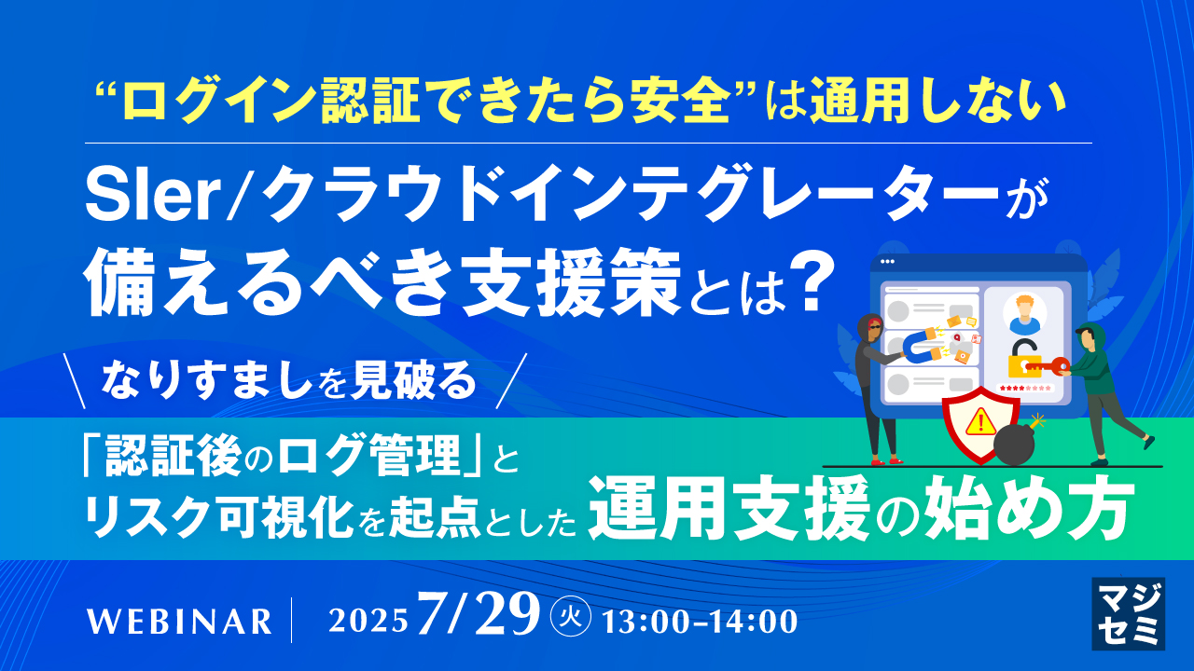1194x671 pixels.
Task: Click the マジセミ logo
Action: pos(1127,612)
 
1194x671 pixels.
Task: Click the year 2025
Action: pos(369,621)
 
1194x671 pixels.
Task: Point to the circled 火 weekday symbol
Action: pos(571,619)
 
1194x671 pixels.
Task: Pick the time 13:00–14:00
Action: pos(701,621)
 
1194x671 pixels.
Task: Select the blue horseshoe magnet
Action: pos(920,347)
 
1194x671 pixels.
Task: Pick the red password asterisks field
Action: pos(1025,388)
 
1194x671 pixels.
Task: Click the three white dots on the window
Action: pos(886,262)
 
